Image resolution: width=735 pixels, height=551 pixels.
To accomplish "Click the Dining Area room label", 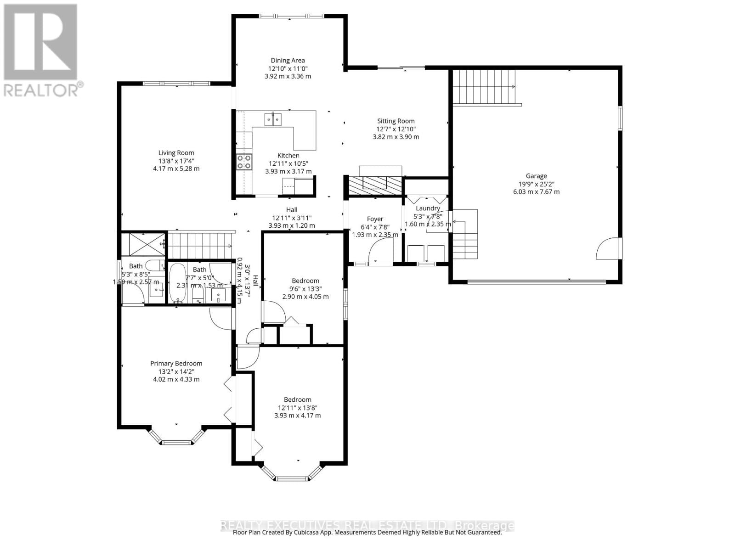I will click(x=288, y=60).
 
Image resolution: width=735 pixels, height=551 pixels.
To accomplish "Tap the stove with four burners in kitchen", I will click(x=243, y=162).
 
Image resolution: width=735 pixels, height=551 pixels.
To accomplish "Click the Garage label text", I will click(x=536, y=176).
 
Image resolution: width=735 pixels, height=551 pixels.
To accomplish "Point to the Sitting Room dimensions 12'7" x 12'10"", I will click(x=396, y=129).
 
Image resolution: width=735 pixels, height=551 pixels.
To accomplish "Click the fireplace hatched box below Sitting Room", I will click(x=374, y=186).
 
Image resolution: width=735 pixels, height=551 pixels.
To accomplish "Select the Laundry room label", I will click(x=428, y=208).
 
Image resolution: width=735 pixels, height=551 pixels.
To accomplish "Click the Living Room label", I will click(x=176, y=153).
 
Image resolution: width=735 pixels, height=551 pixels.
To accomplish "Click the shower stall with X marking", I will click(x=143, y=244).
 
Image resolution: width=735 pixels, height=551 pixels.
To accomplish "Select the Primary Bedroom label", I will click(x=176, y=363).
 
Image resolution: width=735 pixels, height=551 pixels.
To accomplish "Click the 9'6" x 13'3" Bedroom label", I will click(x=305, y=281).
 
